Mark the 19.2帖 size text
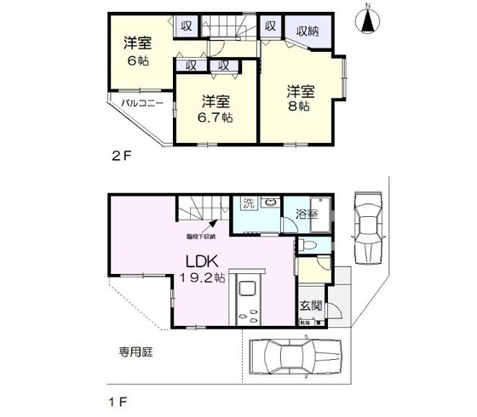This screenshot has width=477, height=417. [x=202, y=277]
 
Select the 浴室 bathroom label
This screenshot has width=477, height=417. [x=307, y=214]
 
